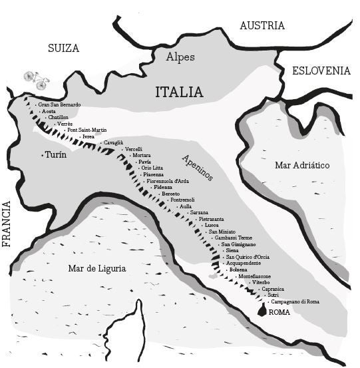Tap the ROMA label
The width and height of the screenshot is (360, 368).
tap(280, 312)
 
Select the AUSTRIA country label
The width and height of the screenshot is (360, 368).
tap(262, 26)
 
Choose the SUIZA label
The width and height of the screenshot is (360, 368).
tap(64, 48)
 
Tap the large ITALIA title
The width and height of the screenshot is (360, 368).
tap(179, 92)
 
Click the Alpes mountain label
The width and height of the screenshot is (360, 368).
tap(180, 57)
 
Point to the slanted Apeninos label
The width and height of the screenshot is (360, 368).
tap(197, 167)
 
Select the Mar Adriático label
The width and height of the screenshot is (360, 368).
tap(302, 165)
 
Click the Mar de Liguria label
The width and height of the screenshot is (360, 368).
tap(97, 268)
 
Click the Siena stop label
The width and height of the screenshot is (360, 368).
tap(232, 250)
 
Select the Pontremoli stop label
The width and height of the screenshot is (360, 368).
tap(182, 200)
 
